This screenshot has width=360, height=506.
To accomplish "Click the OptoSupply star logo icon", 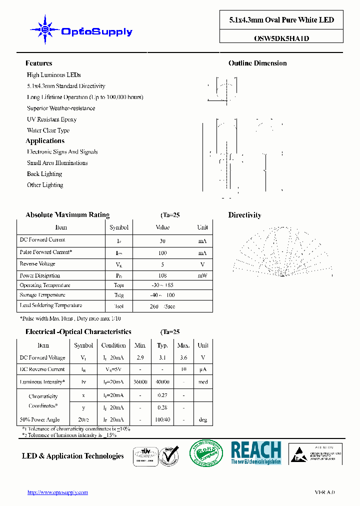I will [44, 30].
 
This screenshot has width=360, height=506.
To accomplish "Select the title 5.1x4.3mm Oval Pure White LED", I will [281, 20].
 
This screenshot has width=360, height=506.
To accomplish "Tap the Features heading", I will [38, 63].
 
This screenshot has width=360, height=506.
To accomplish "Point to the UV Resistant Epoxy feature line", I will [51, 119].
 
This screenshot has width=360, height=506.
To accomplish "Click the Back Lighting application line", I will [44, 174].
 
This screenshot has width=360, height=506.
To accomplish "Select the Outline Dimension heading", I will [257, 63].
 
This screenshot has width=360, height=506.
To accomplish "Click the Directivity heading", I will [244, 215].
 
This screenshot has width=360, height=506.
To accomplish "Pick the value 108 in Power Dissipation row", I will [162, 275].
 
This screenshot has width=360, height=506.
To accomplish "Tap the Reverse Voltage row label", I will [37, 264].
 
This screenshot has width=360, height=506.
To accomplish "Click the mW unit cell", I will [202, 275].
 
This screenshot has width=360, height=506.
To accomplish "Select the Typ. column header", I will [162, 345].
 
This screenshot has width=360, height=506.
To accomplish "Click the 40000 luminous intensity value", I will [162, 382].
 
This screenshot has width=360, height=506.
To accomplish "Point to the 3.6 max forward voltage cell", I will [183, 357].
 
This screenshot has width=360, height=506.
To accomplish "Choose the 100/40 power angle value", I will [162, 420].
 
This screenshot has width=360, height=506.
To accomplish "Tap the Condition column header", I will [113, 345].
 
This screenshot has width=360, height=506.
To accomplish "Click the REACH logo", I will [256, 452].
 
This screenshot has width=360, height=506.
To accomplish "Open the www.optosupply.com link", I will [57, 492].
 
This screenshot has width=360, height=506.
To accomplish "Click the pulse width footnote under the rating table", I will [70, 318].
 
